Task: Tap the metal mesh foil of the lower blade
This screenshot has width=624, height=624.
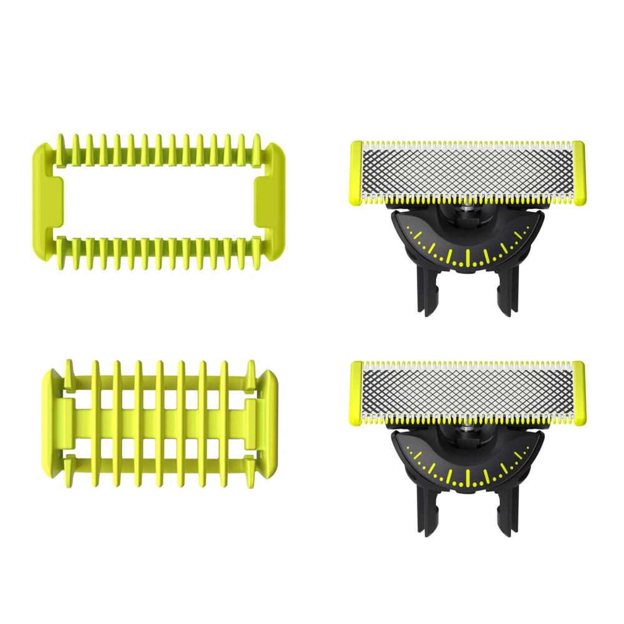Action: tap(468, 389)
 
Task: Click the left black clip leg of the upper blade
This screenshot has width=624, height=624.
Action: tap(428, 293)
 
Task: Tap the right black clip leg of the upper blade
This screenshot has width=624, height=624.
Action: tap(507, 293)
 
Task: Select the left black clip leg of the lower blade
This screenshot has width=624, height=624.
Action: tap(428, 513)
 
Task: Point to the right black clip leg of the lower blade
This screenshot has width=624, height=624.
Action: tap(507, 513)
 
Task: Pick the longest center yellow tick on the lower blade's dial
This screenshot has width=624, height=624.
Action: tap(467, 478)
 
